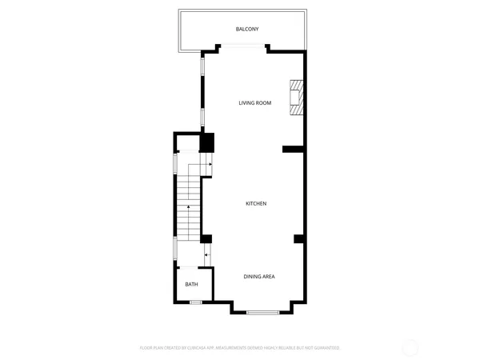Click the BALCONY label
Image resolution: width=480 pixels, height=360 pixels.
pos(246,30)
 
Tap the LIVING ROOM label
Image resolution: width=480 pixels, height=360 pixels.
pos(255,102)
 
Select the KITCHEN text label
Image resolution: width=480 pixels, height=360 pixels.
pos(255,203)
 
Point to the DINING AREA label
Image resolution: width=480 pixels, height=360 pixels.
pos(259,276)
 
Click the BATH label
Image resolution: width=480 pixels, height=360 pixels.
pos(192,284)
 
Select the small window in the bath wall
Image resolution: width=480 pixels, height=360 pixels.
pos(195,302)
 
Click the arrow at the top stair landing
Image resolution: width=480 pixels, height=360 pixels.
pos(208,164)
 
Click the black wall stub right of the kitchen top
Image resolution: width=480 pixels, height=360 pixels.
pos(293,147)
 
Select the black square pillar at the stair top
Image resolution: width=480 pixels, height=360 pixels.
pos(206,143)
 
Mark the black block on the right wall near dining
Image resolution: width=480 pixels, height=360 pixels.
pos(298,238)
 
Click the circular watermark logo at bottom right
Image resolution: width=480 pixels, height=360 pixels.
pos(410,347)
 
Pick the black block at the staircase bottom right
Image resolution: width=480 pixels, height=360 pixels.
pos(206,238)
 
